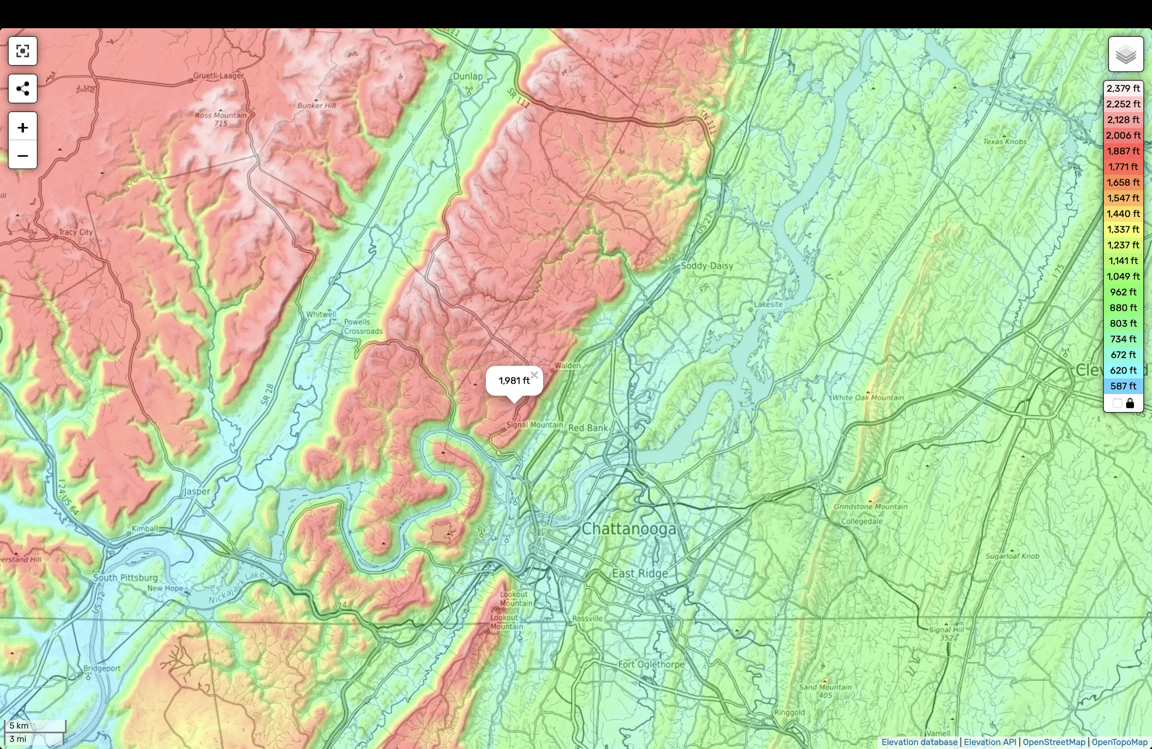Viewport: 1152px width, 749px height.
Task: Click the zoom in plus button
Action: coord(22,127)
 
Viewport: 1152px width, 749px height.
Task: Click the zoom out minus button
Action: coord(22,155)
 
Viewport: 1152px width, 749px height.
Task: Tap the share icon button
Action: coord(22,88)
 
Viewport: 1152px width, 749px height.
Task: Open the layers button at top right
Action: coord(1125,54)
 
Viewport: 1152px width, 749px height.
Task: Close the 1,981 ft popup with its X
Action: coord(534,375)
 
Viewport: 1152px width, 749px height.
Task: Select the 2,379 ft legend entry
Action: coord(1123,88)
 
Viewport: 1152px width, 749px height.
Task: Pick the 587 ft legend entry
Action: coord(1123,386)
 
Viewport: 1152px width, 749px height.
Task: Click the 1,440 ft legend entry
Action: coord(1123,214)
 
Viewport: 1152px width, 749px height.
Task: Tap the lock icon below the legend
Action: coord(1130,404)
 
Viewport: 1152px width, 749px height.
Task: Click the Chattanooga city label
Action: coord(628,528)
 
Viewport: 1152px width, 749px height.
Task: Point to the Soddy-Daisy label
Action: coord(707,266)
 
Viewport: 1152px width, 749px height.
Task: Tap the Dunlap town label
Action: coord(468,76)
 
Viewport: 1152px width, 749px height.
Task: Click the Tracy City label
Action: coord(76,232)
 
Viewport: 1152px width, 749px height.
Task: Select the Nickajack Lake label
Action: coord(237,588)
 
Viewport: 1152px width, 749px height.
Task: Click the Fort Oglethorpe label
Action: coord(651,664)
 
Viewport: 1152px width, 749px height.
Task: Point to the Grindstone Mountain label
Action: coord(870,506)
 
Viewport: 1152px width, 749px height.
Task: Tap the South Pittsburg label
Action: coord(125,577)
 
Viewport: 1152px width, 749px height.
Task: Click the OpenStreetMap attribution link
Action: coord(1054,742)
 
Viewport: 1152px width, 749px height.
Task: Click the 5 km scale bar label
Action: coord(19,726)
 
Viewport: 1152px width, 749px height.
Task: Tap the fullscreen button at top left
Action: coord(22,51)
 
